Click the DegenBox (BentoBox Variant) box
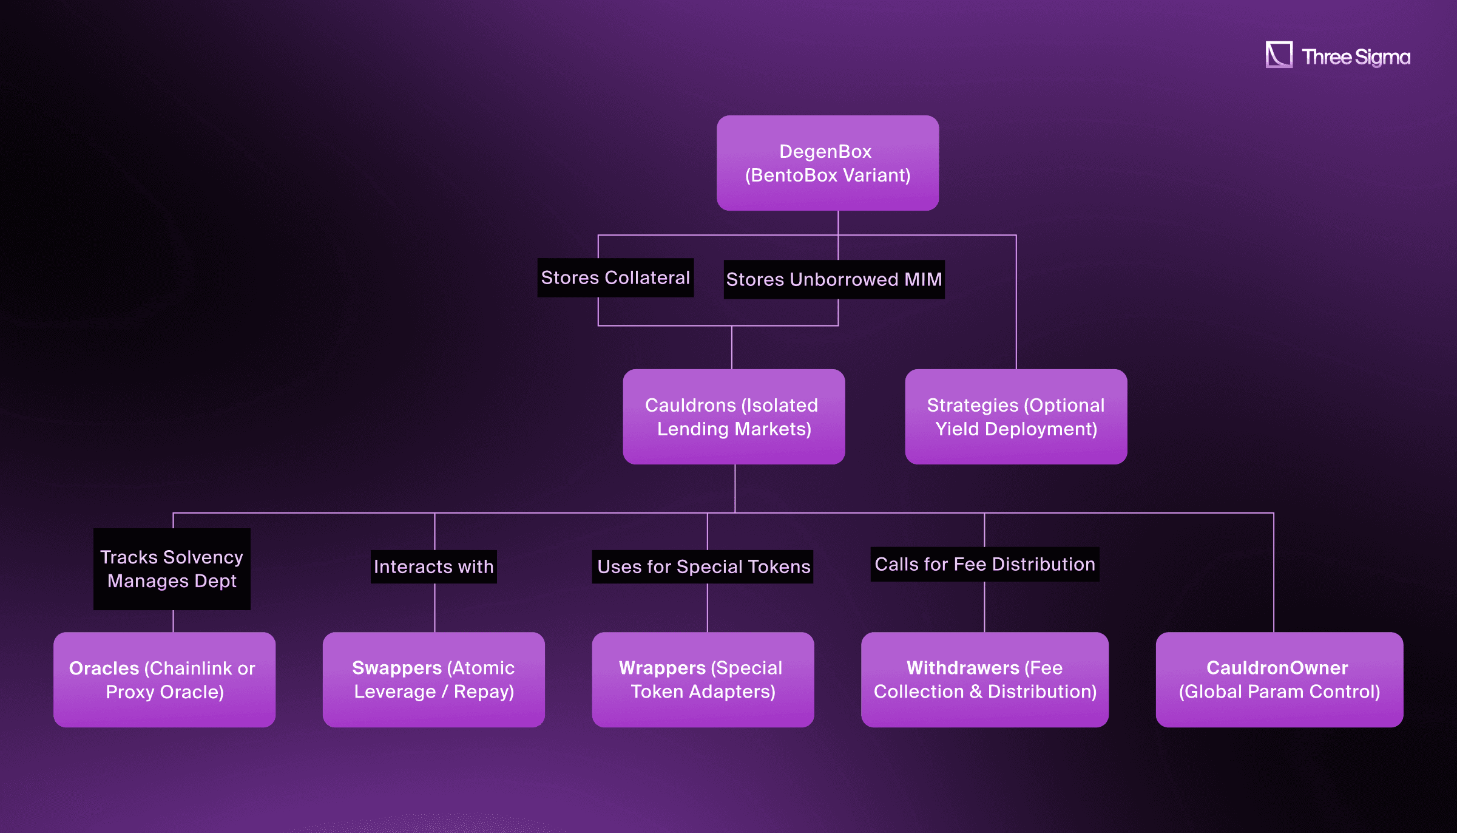827,163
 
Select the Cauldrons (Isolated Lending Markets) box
734,416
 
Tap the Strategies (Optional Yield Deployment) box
1015,416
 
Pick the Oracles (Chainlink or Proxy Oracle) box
164,679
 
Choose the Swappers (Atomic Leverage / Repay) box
433,679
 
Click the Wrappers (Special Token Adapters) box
702,679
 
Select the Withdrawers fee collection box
984,679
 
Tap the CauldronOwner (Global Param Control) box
1279,679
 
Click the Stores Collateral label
615,277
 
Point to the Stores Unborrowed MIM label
833,279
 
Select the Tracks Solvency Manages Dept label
172,569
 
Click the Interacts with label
433,566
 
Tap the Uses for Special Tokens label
703,566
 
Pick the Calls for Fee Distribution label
984,564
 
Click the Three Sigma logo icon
1279,55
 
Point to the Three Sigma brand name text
1356,57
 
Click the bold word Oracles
104,668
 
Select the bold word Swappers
397,668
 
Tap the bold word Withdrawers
962,668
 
